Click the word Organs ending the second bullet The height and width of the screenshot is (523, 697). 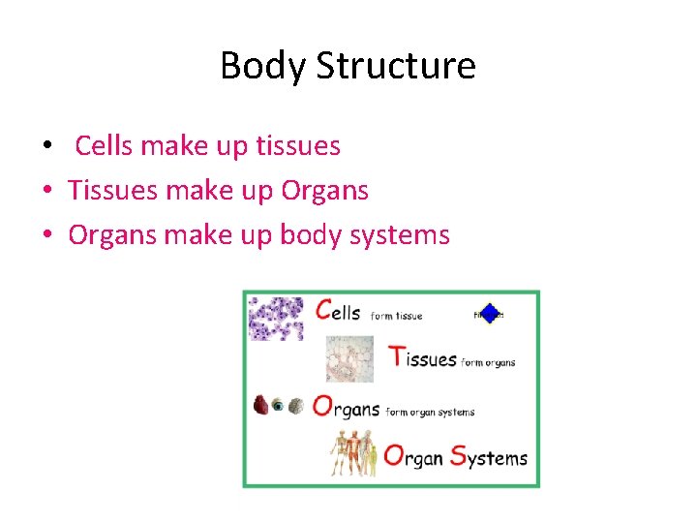click(x=324, y=191)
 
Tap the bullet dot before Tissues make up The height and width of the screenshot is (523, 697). click(x=46, y=192)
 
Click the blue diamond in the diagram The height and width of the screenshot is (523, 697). click(x=489, y=313)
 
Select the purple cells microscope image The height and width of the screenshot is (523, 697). click(x=276, y=319)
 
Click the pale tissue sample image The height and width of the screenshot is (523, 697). click(x=349, y=359)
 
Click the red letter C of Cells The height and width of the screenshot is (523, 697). click(x=326, y=310)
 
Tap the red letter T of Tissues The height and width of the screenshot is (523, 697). click(x=396, y=356)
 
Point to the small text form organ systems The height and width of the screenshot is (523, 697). click(x=430, y=412)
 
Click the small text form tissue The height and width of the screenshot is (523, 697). click(x=396, y=316)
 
